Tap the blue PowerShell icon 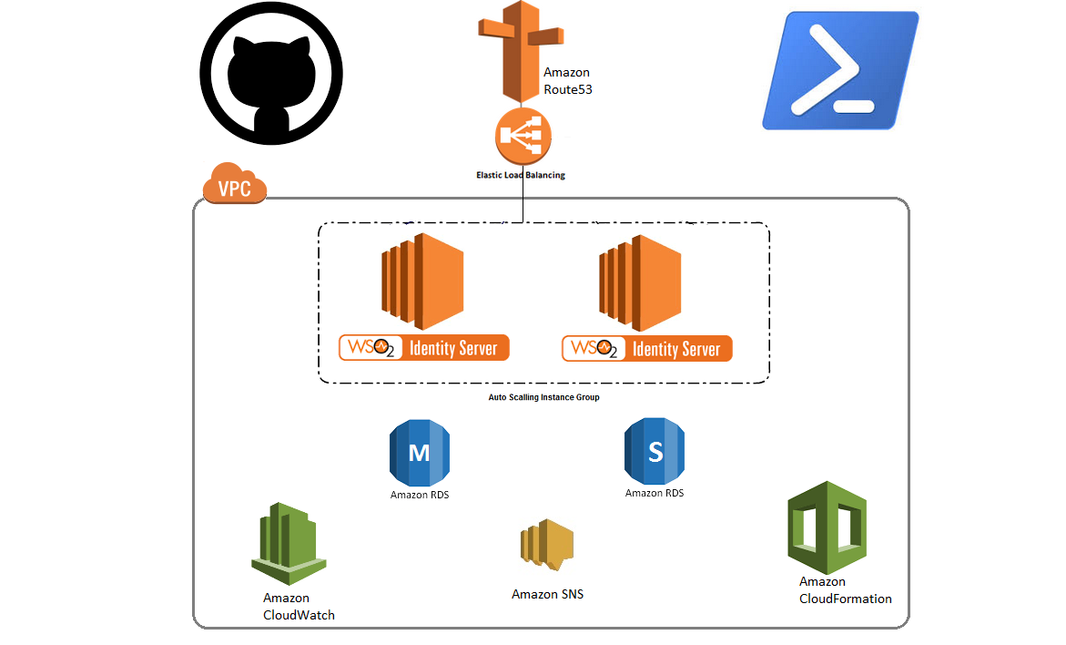(x=840, y=71)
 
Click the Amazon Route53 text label (x=568, y=81)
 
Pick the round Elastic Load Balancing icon (x=523, y=137)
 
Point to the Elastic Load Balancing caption (x=521, y=175)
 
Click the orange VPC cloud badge (x=235, y=185)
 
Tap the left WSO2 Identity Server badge (x=423, y=348)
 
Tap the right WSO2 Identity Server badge (x=646, y=348)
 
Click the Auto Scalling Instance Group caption (x=544, y=397)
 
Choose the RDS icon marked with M (x=420, y=452)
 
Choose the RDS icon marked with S (x=655, y=450)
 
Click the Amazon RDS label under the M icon (x=420, y=495)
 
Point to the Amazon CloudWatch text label (x=299, y=607)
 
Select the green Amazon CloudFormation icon (x=827, y=527)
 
